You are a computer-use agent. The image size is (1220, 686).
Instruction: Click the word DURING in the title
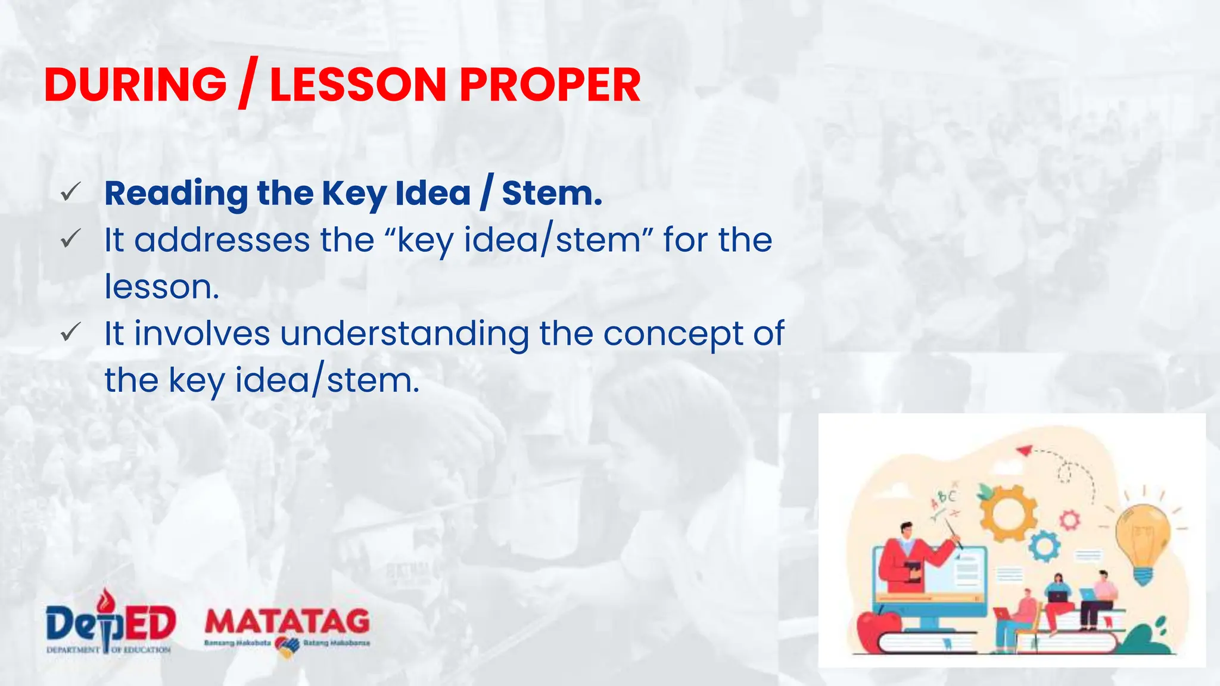135,85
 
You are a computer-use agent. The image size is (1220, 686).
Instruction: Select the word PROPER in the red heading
550,85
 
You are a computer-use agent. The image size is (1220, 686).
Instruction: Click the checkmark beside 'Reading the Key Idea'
70,192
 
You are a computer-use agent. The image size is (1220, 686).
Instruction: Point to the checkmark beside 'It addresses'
70,239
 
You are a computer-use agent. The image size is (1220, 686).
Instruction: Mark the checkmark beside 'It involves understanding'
70,332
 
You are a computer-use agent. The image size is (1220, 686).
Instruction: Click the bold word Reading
176,194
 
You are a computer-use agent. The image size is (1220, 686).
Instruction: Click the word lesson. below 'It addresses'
161,287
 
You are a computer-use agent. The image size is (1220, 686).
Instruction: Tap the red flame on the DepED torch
106,599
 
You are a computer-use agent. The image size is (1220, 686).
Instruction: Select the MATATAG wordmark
287,623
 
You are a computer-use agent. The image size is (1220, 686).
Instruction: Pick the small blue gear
1044,545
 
